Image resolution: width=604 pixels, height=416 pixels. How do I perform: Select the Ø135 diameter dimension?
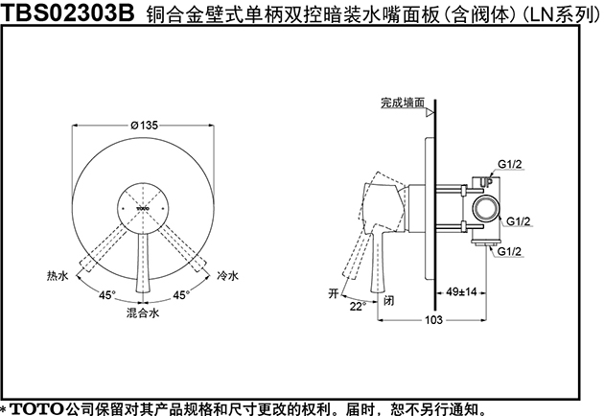[144, 126]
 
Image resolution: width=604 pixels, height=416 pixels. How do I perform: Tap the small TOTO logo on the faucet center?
[143, 208]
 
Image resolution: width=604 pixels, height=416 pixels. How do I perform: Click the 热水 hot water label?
[58, 276]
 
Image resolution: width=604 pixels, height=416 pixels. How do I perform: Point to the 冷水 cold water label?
[227, 276]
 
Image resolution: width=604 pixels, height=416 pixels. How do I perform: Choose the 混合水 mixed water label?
[143, 312]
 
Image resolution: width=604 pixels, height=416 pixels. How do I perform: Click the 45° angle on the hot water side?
[107, 295]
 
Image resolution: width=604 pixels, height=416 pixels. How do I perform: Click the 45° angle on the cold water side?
[181, 295]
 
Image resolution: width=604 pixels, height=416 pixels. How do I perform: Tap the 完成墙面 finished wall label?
[403, 103]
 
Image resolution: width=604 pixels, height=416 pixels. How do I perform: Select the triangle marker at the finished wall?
[430, 113]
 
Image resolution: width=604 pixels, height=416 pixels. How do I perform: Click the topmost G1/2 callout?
[510, 164]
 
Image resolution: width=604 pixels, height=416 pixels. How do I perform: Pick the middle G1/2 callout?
[518, 221]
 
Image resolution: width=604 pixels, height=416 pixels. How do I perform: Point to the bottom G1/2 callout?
[509, 251]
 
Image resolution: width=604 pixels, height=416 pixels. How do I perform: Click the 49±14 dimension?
[461, 292]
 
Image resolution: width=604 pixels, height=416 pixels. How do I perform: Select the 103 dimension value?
[433, 320]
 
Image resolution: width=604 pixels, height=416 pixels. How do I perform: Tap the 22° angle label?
[357, 307]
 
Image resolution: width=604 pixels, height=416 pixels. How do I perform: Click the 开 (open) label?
[334, 293]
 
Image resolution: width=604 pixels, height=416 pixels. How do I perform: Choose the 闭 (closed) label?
[389, 300]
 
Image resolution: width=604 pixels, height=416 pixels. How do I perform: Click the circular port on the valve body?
[486, 209]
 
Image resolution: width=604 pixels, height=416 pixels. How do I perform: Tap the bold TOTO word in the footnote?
[36, 408]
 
